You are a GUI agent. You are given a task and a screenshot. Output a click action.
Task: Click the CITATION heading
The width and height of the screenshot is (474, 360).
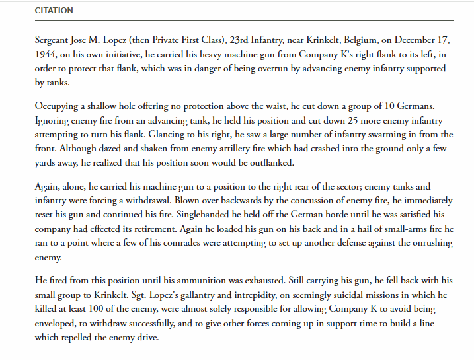pyautogui.click(x=54, y=11)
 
